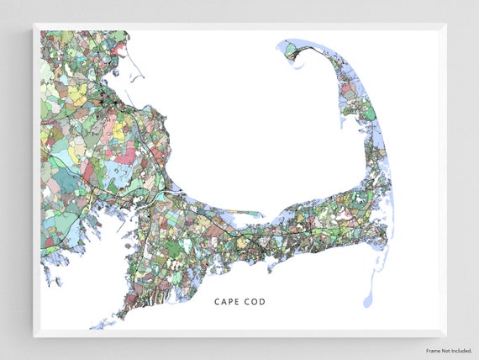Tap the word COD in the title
click(x=254, y=301)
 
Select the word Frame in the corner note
click(x=434, y=350)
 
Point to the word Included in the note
click(x=461, y=350)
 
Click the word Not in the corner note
click(x=446, y=350)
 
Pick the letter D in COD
click(x=261, y=301)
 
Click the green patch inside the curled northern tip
click(x=292, y=50)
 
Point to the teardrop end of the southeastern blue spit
click(x=368, y=299)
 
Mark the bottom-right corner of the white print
click(x=446, y=336)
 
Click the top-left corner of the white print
click(x=34, y=24)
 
